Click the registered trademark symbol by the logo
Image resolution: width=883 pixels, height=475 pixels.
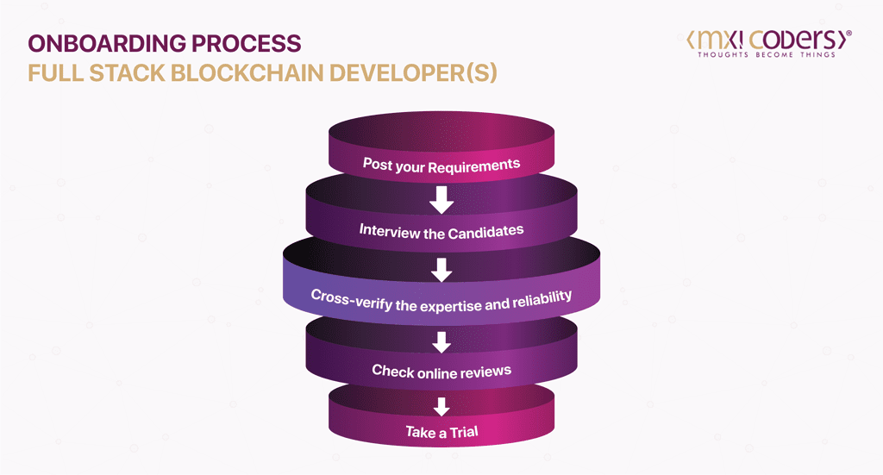[x=849, y=33]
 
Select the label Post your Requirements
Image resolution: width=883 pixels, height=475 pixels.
[x=441, y=165]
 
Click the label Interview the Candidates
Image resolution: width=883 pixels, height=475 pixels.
[x=441, y=231]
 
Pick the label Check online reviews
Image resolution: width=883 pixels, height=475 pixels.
[x=441, y=371]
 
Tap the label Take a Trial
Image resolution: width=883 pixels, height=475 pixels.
[x=441, y=431]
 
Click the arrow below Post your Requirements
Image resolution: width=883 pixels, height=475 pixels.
[x=441, y=200]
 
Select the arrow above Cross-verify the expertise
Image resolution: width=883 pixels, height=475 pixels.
[x=441, y=269]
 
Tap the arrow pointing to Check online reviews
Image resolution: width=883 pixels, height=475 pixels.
[x=441, y=341]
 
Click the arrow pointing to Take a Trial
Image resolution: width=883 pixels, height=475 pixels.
[x=441, y=406]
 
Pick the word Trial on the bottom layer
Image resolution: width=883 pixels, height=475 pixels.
[x=459, y=431]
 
